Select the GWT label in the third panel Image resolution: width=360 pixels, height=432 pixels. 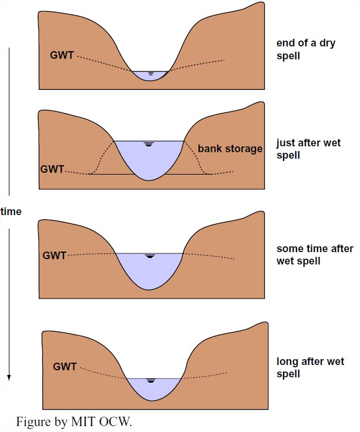click(54, 256)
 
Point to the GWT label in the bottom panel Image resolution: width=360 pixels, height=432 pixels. click(64, 367)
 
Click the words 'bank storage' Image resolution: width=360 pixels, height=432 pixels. click(230, 149)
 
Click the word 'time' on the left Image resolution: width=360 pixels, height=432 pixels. click(11, 212)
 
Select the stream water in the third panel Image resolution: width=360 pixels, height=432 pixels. click(150, 270)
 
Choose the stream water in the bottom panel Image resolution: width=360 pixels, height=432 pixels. click(151, 389)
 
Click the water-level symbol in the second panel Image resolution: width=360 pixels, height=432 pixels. click(149, 145)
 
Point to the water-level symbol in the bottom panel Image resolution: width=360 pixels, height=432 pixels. click(151, 381)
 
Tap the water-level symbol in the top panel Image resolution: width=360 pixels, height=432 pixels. click(151, 74)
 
